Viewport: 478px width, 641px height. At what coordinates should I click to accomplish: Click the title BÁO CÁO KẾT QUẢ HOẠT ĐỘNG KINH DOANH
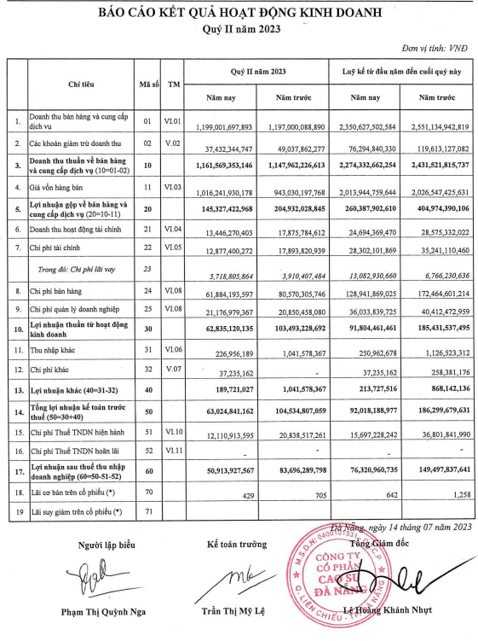[x=239, y=15]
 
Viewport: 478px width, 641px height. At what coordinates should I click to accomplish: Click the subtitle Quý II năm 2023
[x=239, y=31]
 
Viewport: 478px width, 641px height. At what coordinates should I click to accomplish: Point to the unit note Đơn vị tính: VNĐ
[x=434, y=51]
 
